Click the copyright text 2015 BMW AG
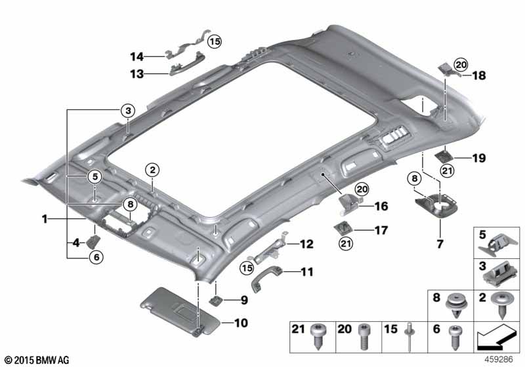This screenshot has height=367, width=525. pyautogui.click(x=37, y=360)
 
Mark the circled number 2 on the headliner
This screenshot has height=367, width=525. pyautogui.click(x=152, y=170)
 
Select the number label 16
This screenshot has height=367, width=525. pyautogui.click(x=381, y=206)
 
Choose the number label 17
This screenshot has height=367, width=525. pyautogui.click(x=381, y=230)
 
